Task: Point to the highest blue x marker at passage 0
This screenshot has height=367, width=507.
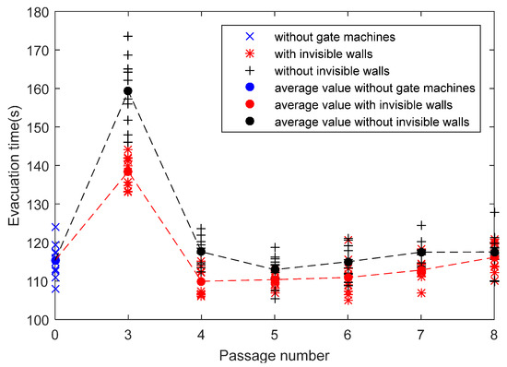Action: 55,227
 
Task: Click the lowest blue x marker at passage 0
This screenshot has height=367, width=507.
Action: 55,290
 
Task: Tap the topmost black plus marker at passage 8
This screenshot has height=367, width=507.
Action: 494,212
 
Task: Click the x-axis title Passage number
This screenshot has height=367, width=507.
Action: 275,353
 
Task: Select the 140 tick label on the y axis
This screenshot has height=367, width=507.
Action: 37,166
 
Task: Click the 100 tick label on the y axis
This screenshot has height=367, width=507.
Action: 37,321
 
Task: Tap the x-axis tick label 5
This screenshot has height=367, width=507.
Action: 275,334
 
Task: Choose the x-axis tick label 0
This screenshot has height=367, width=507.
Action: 55,334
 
